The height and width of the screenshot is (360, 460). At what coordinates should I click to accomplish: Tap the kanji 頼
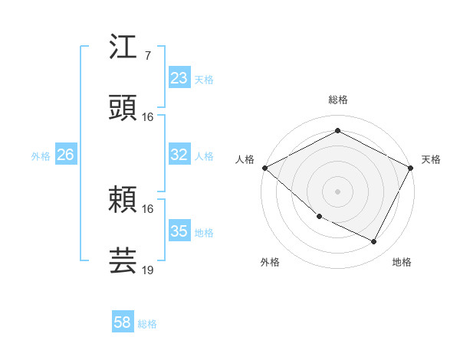click(123, 199)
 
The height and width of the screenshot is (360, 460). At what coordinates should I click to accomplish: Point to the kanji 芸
click(123, 260)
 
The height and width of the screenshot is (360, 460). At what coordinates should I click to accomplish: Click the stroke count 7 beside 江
click(147, 55)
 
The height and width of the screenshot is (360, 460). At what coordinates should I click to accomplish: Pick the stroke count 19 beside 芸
click(148, 270)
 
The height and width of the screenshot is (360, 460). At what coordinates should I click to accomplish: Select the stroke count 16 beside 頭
click(148, 117)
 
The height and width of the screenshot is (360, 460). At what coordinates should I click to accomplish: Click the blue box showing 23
click(179, 78)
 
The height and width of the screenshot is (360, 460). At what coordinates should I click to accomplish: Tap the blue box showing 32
click(179, 155)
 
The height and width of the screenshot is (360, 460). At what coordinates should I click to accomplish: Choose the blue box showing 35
click(179, 231)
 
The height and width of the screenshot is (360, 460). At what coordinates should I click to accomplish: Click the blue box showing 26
click(65, 155)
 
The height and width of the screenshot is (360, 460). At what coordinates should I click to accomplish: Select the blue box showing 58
click(123, 323)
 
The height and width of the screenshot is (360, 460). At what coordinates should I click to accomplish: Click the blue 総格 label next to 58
click(147, 324)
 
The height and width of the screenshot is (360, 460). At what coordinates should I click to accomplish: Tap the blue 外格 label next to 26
click(41, 155)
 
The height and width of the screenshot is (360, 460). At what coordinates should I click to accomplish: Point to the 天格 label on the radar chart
click(431, 159)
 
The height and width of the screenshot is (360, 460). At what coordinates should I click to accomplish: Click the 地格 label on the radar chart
click(402, 262)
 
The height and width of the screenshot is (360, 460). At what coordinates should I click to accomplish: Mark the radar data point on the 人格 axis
click(264, 168)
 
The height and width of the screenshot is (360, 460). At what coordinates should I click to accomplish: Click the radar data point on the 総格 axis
click(337, 131)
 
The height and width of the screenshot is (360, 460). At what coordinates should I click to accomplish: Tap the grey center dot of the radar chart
click(337, 191)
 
